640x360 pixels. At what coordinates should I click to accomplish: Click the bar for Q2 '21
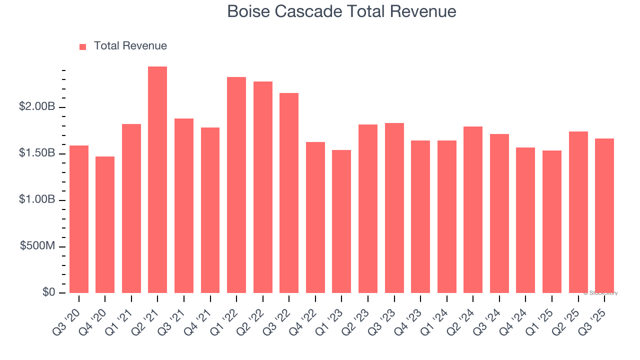pos(157,180)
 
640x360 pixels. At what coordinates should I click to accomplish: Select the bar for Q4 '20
pos(105,225)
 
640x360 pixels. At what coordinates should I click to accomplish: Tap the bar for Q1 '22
pos(236,185)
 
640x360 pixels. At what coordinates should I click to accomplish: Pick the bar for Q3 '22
pos(289,193)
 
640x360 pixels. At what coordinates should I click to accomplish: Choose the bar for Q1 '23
pos(341,221)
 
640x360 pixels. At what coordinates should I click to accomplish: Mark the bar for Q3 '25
pos(604,215)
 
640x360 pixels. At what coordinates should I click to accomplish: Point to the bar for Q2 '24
pos(473,210)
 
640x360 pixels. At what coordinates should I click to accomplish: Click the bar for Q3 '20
pos(79,219)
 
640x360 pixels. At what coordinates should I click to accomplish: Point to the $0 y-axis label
pos(48,292)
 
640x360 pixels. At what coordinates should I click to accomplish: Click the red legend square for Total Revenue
pos(83,47)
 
